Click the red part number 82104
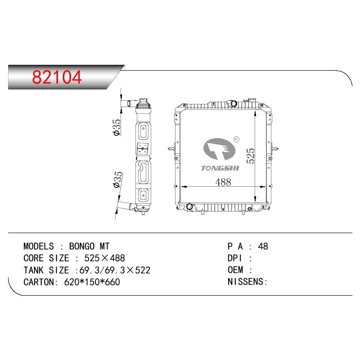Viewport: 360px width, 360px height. click(57, 77)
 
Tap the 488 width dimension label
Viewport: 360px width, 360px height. click(223, 182)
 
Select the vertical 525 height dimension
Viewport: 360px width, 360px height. click(251, 156)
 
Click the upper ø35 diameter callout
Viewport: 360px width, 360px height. click(117, 127)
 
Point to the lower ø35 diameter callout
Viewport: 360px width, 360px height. click(118, 180)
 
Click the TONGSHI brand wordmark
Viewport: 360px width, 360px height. click(220, 168)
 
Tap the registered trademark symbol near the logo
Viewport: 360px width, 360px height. click(236, 139)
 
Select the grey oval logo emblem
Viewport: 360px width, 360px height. click(219, 149)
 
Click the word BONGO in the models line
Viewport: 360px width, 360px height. click(82, 246)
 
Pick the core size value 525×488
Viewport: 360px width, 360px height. click(105, 258)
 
